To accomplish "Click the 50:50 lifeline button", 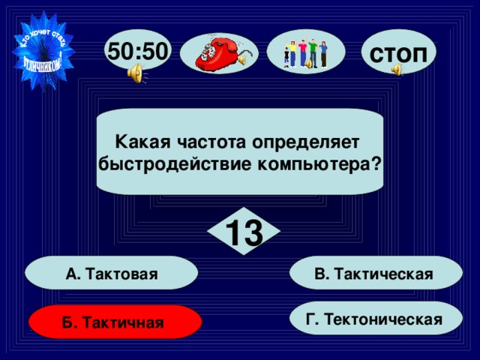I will point(139,50).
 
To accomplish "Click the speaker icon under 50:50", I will point(136,73).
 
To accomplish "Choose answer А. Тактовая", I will point(112,274).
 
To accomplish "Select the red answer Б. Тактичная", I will point(114,322).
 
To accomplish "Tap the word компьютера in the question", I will point(327,163).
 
